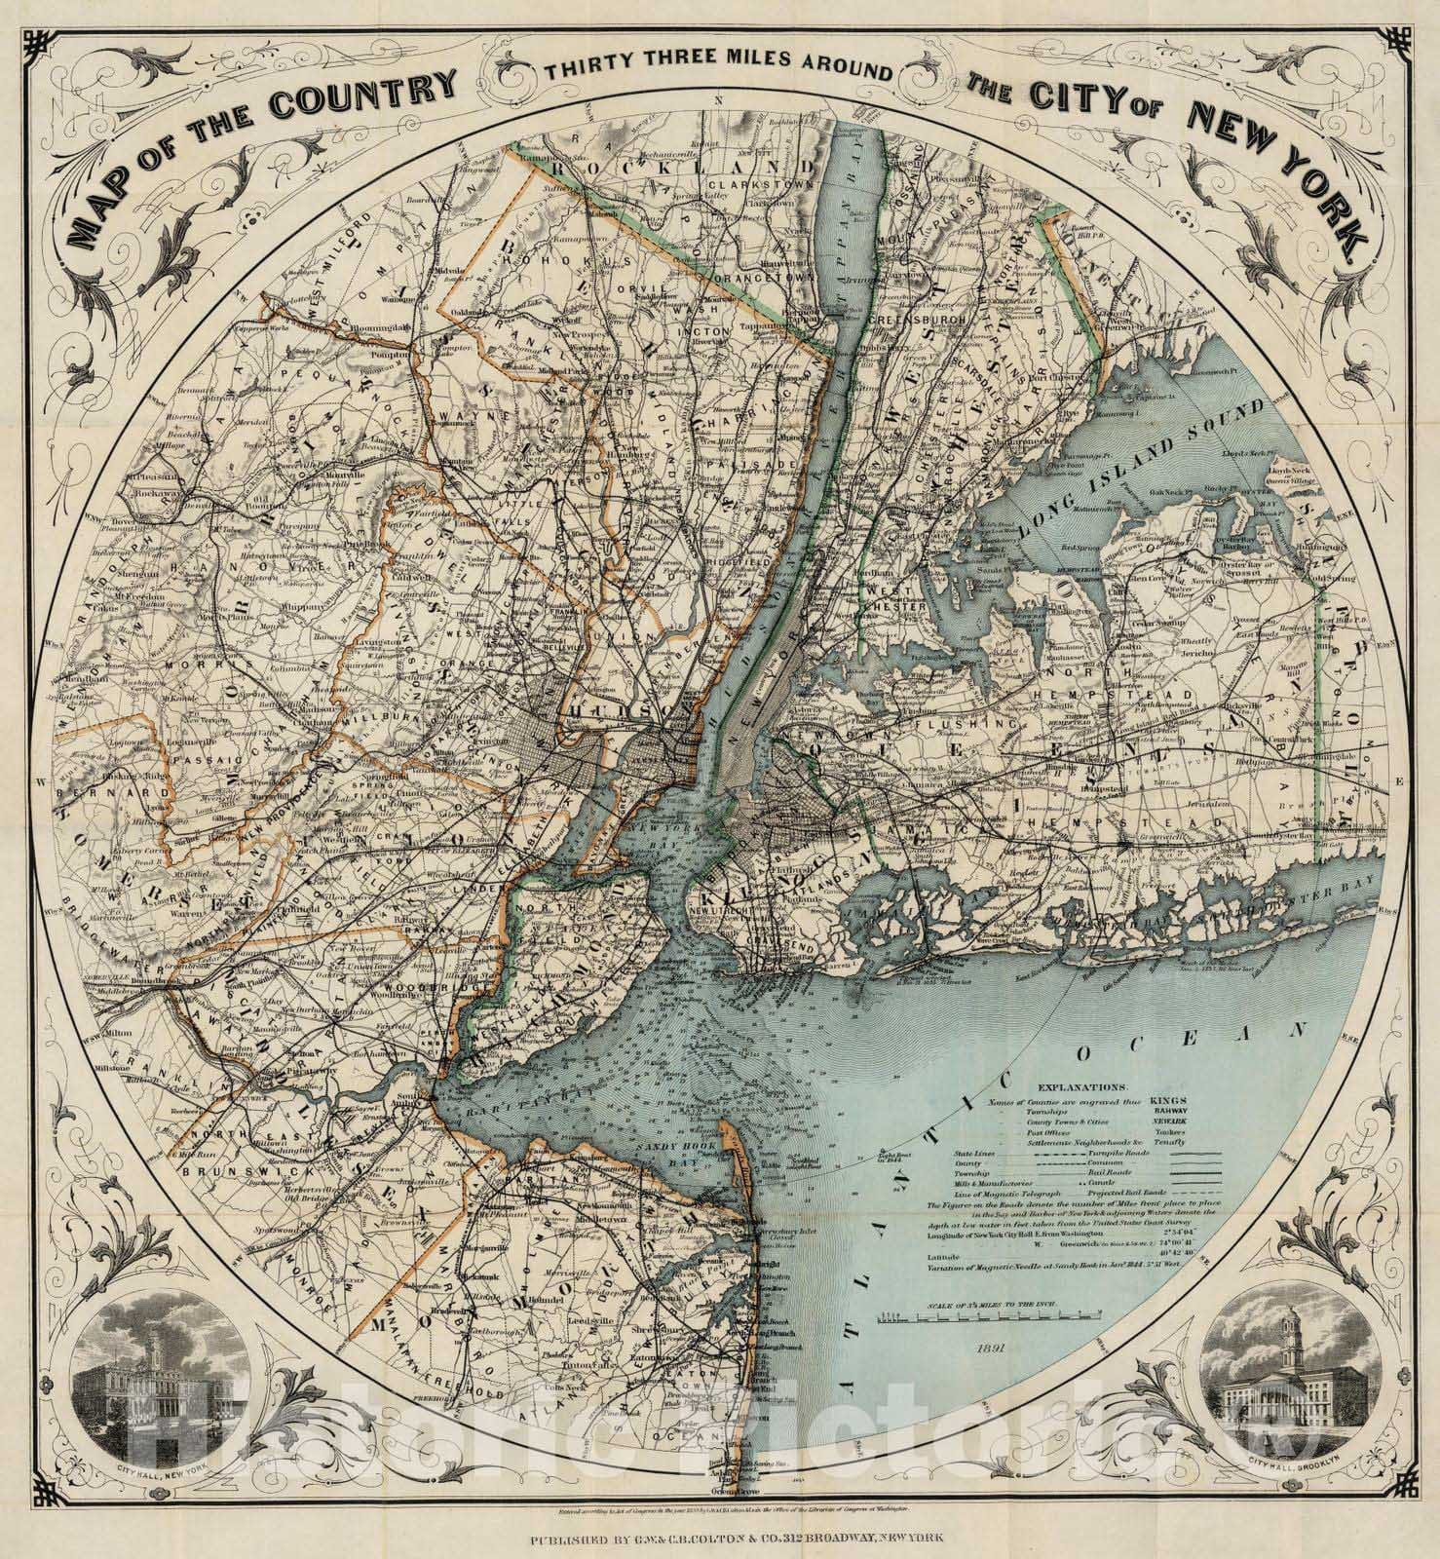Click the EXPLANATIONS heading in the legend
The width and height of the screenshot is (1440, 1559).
coord(1082,1084)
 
